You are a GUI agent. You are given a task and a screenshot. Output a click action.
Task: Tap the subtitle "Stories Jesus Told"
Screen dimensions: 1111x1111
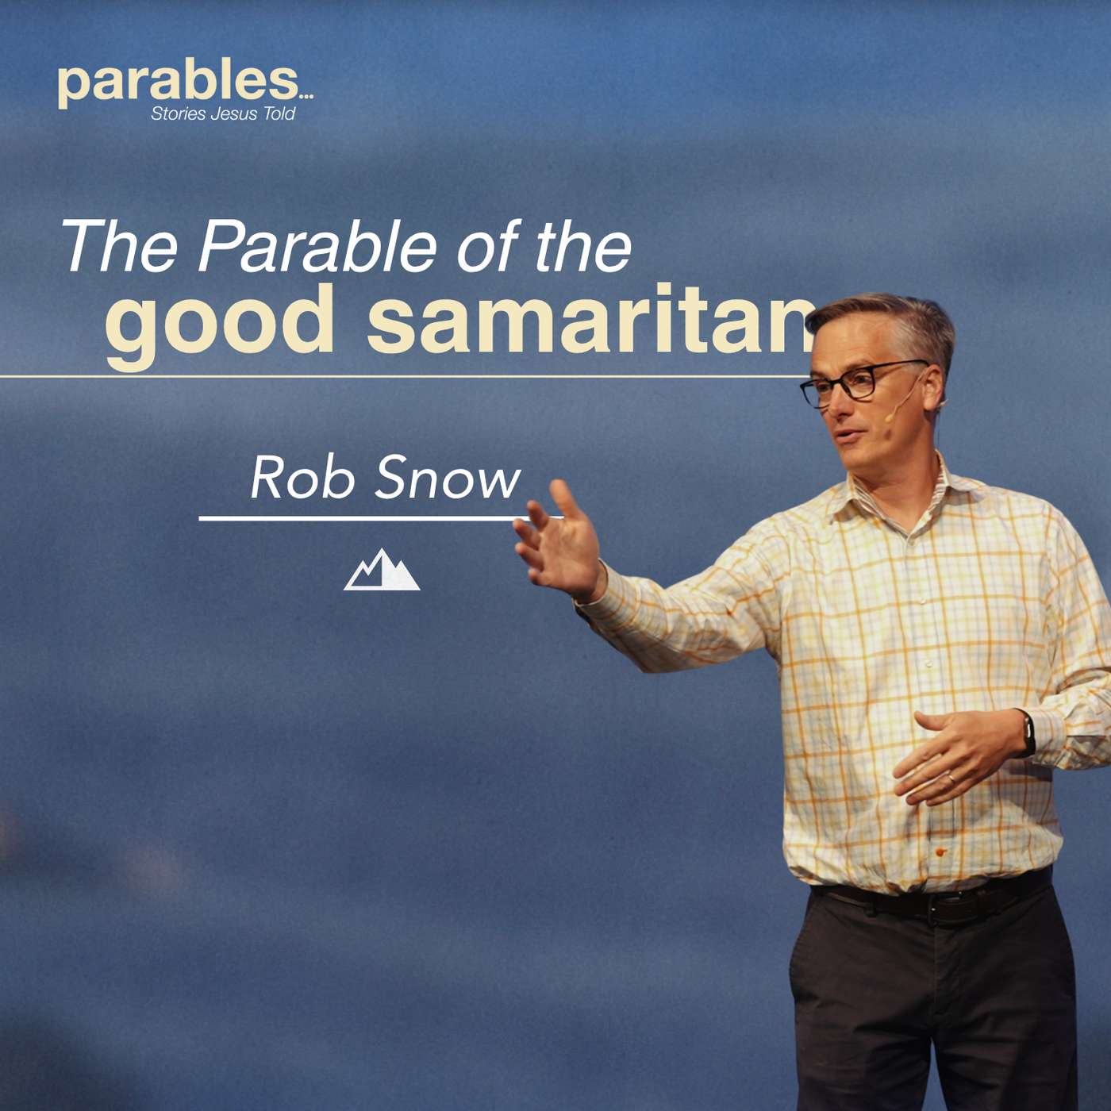point(223,114)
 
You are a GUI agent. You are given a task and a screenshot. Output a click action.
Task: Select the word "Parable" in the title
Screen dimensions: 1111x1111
point(317,246)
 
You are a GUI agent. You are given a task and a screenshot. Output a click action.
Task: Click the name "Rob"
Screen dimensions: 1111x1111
point(302,478)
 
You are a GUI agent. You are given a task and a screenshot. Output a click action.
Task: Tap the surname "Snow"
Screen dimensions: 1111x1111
point(448,478)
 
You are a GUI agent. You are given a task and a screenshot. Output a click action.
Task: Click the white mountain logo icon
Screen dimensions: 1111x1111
point(382,571)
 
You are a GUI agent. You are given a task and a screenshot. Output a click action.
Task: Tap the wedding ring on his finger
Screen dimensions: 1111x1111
point(950,779)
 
